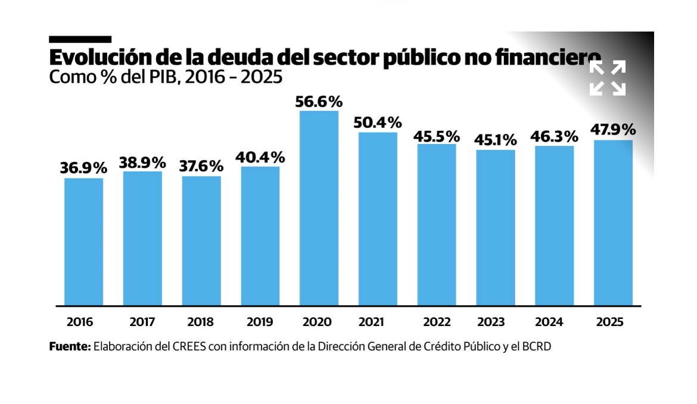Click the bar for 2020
pos(319,208)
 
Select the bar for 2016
pos(83,242)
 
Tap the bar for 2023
pos(496,227)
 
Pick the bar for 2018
pos(201,240)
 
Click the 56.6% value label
pos(319,101)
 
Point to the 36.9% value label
pos(83,168)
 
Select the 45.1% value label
pos(496,140)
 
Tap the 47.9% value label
pos(613,130)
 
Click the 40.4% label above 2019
pos(260,158)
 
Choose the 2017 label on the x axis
pos(142,322)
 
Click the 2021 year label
pos(371,322)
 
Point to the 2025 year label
pos(609,322)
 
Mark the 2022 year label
pos(437,322)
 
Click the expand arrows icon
pos(608,78)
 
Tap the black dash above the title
pos(80,39)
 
